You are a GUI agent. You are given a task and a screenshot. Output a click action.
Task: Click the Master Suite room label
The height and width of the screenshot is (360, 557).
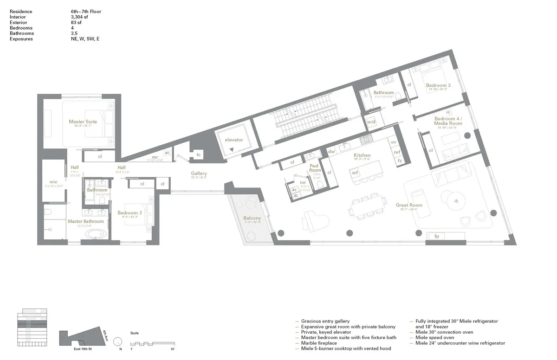[83, 122]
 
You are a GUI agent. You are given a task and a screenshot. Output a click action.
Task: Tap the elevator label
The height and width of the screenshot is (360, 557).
[233, 140]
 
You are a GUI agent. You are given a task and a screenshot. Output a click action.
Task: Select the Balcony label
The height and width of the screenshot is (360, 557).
[252, 218]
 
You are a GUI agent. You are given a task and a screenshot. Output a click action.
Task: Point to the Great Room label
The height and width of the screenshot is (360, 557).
[409, 205]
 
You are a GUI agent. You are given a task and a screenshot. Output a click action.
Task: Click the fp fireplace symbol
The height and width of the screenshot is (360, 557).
[436, 236]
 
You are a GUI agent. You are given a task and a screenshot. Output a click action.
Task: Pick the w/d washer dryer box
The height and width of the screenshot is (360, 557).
[371, 122]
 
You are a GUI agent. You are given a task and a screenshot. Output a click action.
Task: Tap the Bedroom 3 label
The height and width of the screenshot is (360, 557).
[438, 85]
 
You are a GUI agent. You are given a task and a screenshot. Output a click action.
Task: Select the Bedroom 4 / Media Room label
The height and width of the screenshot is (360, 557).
[448, 121]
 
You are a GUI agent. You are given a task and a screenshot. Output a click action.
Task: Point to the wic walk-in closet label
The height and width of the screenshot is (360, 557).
[53, 182]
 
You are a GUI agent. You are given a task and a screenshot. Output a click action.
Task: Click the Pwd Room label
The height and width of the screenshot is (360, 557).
[316, 167]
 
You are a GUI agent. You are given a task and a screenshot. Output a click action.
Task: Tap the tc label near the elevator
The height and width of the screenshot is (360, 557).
[198, 154]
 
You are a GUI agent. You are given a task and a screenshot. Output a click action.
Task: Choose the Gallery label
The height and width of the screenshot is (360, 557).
[199, 173]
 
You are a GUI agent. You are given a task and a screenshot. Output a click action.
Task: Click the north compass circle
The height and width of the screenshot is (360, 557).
[117, 341]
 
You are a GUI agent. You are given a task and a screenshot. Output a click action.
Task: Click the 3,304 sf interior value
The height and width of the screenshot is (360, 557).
[77, 17]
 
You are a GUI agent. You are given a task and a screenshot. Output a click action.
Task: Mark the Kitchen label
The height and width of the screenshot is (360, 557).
[362, 155]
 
